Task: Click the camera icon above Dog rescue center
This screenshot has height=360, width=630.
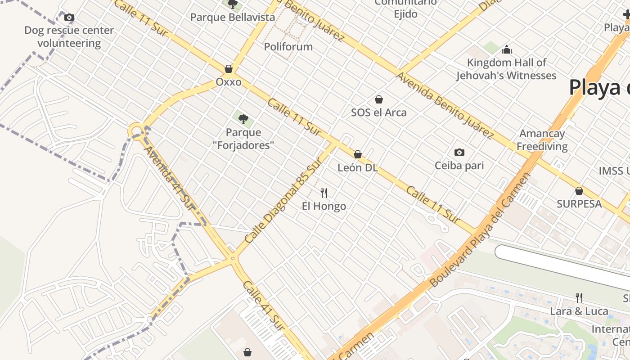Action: pos(69,18)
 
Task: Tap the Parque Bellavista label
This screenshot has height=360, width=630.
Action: pos(232,18)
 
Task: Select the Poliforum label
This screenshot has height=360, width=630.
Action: pos(288,47)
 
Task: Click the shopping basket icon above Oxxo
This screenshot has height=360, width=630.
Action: pos(229,69)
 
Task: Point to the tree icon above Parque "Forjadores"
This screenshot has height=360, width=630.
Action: pos(243,119)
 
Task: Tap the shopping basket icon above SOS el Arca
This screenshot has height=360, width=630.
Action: pos(379,99)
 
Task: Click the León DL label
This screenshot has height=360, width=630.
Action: pos(357,168)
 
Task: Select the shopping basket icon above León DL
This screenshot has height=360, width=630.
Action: pos(358,155)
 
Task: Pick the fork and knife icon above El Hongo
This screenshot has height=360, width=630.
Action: pos(324,193)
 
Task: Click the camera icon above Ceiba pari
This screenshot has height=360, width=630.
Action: pos(459,152)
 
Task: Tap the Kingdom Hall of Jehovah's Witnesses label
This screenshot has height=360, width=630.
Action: pos(506,69)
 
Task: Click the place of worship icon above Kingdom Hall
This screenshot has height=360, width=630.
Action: pos(507,49)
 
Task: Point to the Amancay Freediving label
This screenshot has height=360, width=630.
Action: pos(542,140)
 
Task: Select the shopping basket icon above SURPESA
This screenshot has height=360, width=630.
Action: pos(579,191)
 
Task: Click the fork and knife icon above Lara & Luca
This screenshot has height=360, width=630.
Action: pos(579,297)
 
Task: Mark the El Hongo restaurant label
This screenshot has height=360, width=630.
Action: pos(324,207)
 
